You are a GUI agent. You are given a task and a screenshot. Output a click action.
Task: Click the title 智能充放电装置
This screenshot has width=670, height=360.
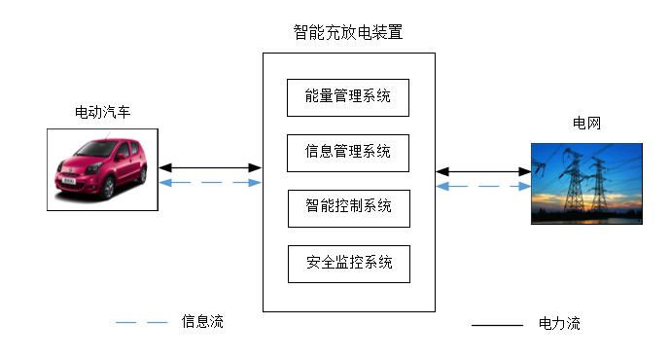(x=348, y=32)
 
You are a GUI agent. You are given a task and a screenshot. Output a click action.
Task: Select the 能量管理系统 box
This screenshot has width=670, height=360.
(x=348, y=96)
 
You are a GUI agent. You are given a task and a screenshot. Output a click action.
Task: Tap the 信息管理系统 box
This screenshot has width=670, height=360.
(x=348, y=152)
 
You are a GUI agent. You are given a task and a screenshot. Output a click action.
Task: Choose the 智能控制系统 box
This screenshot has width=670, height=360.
(x=348, y=207)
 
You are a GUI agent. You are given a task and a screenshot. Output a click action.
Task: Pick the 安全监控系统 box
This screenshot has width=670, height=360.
(x=348, y=263)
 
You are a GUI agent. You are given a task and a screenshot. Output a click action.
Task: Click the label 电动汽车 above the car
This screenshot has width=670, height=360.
(x=102, y=114)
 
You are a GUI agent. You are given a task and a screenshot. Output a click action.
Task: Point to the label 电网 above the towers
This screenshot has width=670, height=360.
(x=585, y=124)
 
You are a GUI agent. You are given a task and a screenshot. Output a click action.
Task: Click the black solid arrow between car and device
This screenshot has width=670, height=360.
(x=210, y=168)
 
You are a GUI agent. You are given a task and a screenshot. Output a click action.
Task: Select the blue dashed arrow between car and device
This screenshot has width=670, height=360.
(x=210, y=183)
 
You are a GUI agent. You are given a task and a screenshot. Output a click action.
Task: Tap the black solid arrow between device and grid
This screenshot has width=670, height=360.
(x=483, y=172)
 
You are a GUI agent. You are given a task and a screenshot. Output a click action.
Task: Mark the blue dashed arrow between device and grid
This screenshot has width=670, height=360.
(x=483, y=187)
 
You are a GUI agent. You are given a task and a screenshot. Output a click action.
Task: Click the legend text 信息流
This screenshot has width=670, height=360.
(x=202, y=322)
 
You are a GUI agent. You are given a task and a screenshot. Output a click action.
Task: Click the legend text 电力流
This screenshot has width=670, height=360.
(x=559, y=324)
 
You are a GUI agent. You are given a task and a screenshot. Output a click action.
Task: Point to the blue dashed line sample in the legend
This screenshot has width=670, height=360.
(x=142, y=322)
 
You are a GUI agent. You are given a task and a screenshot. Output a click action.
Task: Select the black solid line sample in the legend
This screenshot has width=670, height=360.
(x=497, y=325)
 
